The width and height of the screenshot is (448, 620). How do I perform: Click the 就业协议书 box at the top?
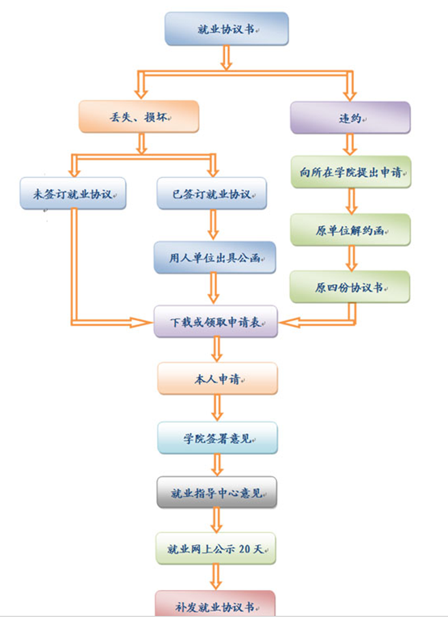226,29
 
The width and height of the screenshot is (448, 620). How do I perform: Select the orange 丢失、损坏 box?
139,117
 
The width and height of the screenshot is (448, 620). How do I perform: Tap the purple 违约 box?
350,117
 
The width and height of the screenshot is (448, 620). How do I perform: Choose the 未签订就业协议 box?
73,194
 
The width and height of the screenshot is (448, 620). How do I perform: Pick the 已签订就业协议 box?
212,194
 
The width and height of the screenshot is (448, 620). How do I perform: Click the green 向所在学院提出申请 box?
350,172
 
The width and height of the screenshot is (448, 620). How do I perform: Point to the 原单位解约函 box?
350,230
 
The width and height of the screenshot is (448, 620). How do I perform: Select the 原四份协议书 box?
350,287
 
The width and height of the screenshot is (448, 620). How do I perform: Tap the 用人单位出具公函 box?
214,257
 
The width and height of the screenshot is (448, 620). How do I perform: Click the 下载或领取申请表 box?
216,321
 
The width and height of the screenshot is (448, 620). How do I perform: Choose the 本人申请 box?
218,378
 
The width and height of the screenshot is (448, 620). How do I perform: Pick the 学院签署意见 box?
218,438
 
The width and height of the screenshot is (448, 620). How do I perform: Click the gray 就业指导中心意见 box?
218,492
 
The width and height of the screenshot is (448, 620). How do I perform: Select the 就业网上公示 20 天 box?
216,548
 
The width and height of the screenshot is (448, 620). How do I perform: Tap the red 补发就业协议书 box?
216,606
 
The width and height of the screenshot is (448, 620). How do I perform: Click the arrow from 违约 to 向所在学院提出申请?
350,145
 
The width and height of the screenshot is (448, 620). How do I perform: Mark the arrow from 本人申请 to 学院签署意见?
218,408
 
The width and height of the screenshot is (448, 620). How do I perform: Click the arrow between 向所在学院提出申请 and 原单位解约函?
350,201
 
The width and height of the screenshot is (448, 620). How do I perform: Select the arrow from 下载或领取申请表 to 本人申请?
218,350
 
